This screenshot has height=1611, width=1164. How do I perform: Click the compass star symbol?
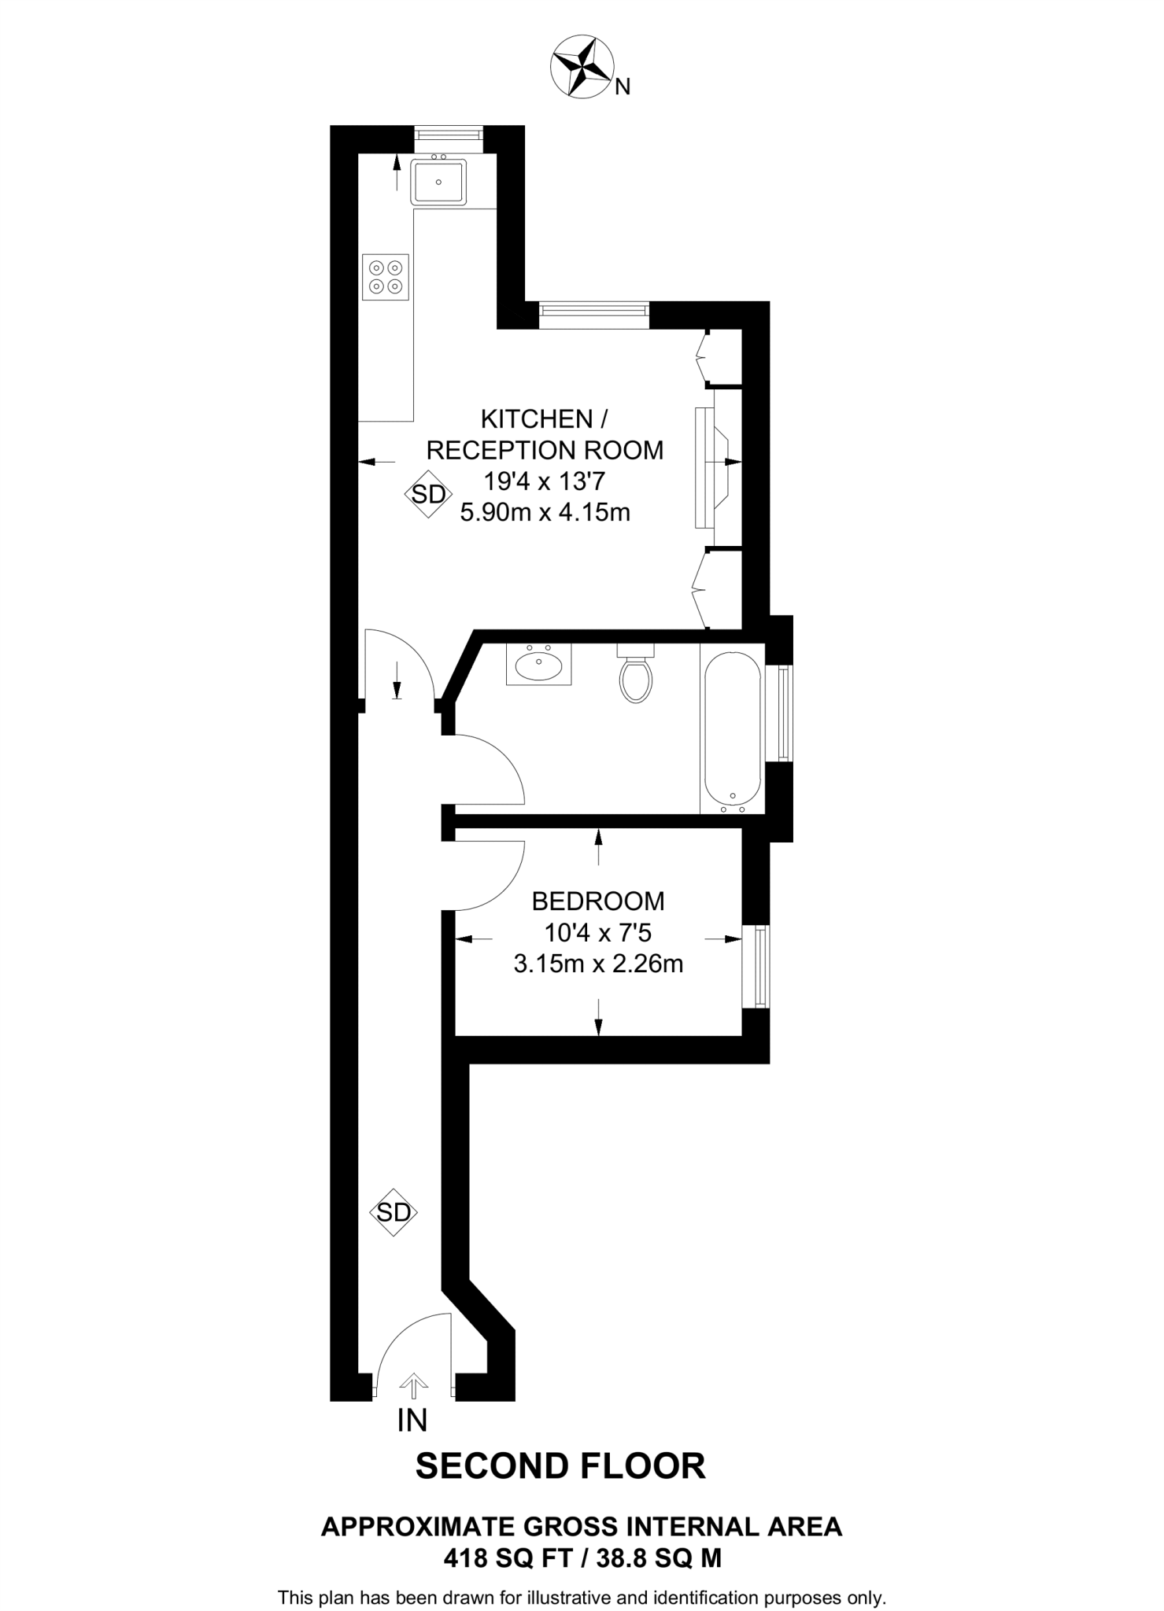pos(583,68)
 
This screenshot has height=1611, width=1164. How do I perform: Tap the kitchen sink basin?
pos(438,182)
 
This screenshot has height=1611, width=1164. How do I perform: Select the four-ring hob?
pos(386,277)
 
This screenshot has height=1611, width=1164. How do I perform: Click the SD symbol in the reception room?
pos(428,495)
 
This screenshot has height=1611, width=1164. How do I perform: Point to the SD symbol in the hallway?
pos(394,1212)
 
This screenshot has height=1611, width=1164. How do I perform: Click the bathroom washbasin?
pos(538,665)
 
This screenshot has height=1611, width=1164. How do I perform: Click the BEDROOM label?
pos(598,901)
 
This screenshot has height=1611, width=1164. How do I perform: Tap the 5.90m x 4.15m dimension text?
pos(545,513)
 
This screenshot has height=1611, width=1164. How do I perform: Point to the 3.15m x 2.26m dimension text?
pos(598,964)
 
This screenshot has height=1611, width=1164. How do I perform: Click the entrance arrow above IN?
pos(413,1384)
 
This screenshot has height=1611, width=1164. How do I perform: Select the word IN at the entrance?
pos(412,1421)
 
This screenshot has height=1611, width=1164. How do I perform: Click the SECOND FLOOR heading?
pos(560,1466)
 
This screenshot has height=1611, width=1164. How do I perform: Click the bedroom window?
pos(760,967)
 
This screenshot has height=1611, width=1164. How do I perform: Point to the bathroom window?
pos(783,713)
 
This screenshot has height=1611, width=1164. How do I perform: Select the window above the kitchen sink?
pos(449,135)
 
